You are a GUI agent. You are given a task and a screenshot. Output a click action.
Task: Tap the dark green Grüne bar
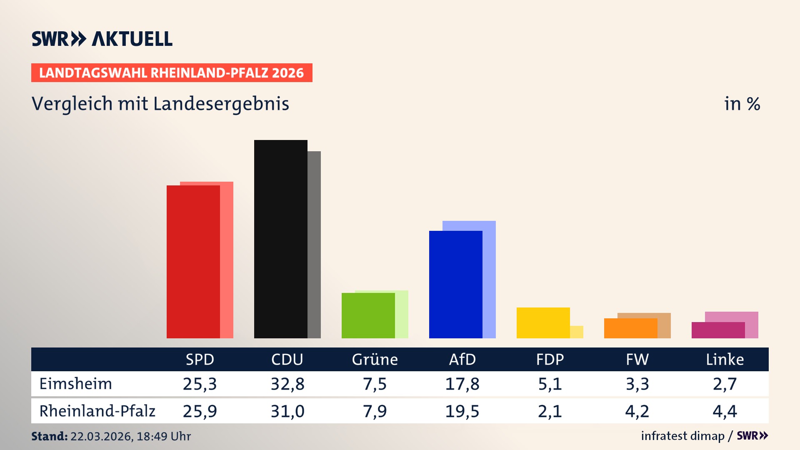[x=368, y=315]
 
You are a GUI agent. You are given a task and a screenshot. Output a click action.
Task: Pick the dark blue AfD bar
[x=455, y=284]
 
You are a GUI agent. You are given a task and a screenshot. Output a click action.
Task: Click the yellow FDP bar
[x=543, y=322]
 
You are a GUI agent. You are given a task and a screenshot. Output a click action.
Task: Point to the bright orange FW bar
[x=630, y=328]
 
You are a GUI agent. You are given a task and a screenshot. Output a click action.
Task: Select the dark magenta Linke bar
[x=718, y=330]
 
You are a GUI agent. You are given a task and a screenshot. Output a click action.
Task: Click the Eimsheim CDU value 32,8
[x=287, y=384]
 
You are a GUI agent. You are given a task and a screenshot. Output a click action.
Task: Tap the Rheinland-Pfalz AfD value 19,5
[x=462, y=411]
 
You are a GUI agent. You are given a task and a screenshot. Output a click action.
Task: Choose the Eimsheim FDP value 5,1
[x=550, y=384]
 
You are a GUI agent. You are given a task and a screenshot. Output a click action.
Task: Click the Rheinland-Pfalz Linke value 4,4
[x=725, y=411]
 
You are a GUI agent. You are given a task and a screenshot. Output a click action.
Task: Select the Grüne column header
[x=375, y=359]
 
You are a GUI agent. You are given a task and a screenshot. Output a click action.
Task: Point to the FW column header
[x=637, y=359]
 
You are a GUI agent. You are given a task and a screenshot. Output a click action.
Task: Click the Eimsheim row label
[x=76, y=384]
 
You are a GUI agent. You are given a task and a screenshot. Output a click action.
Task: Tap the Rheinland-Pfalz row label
[x=97, y=411]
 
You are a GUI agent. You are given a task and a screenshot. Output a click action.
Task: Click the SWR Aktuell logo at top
[x=102, y=39]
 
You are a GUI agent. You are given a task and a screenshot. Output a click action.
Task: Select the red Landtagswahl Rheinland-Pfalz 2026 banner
[x=172, y=73]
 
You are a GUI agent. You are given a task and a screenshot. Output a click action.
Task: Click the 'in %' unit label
[x=742, y=104]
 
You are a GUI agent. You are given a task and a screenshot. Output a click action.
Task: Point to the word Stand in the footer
[x=49, y=436]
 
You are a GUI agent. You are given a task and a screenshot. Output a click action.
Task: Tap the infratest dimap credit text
[x=682, y=436]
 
